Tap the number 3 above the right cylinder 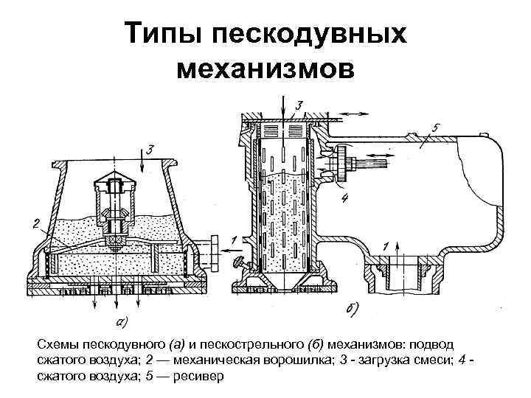299,104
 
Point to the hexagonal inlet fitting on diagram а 214,249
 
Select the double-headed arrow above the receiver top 355,112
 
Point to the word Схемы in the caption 58,344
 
